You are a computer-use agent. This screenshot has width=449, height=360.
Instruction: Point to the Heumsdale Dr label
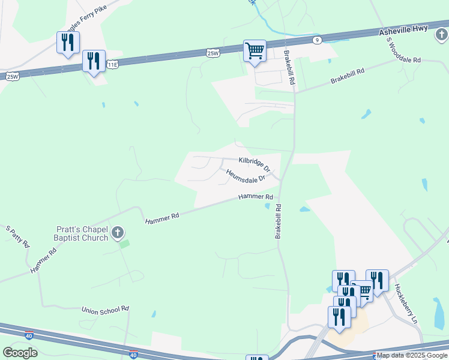coord(246,176)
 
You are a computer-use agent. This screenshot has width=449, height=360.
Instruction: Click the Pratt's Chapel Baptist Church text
coord(83,233)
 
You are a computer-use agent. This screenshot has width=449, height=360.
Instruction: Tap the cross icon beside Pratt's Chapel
coord(118,233)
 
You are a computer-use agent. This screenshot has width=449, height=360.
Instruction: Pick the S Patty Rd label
coord(17,236)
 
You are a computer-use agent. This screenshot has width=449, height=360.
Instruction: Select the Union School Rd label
coord(106,310)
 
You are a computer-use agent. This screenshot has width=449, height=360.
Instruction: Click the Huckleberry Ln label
coord(406,304)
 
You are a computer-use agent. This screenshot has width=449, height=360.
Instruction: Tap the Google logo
coord(20,353)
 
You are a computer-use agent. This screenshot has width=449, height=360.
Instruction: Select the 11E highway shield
coord(112,64)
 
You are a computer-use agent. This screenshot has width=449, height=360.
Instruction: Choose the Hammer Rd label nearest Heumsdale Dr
coord(256,197)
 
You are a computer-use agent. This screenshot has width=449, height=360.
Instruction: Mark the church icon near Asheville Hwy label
coord(442,35)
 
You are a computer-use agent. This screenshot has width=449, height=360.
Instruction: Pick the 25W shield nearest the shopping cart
coord(212,53)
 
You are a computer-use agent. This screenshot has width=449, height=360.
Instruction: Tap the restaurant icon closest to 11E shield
coord(94,62)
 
